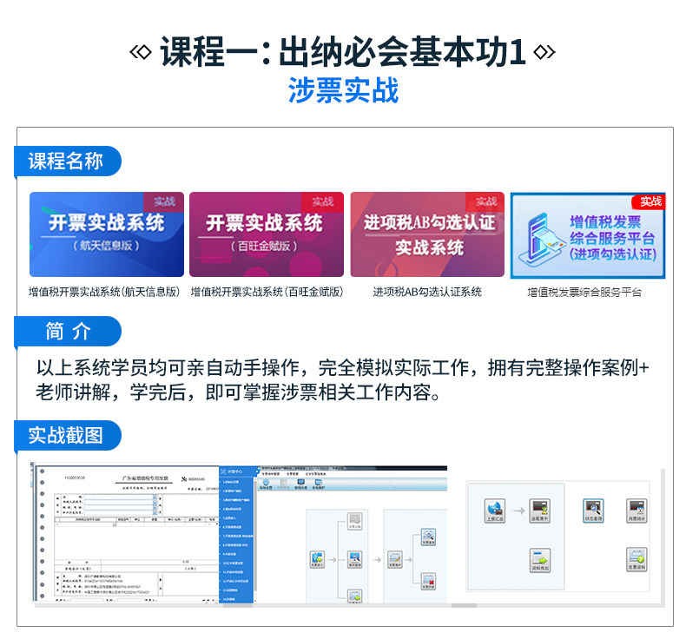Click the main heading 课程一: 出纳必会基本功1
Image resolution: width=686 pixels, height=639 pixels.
(x=342, y=52)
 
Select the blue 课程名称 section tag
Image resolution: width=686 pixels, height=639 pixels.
(x=67, y=161)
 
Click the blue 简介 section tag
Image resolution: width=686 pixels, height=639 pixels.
(x=67, y=331)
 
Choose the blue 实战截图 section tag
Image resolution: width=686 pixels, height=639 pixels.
(x=67, y=435)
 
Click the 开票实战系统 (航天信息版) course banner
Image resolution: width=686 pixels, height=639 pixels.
(x=107, y=234)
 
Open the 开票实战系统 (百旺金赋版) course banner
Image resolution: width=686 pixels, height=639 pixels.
(x=267, y=234)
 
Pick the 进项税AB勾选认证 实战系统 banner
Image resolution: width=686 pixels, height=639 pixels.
(x=427, y=234)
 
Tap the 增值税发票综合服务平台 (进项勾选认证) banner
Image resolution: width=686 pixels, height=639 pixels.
(x=587, y=234)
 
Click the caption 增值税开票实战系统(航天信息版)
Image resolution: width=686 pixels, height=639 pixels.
(x=105, y=293)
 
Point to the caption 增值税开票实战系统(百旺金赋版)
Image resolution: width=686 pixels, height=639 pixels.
(x=267, y=293)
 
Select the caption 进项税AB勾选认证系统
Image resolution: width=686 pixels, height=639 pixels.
(x=427, y=293)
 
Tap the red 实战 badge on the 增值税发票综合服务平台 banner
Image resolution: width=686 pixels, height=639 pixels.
(x=650, y=201)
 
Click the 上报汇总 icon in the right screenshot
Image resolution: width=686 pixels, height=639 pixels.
(x=496, y=511)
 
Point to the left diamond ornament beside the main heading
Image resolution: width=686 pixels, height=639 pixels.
(x=138, y=53)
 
